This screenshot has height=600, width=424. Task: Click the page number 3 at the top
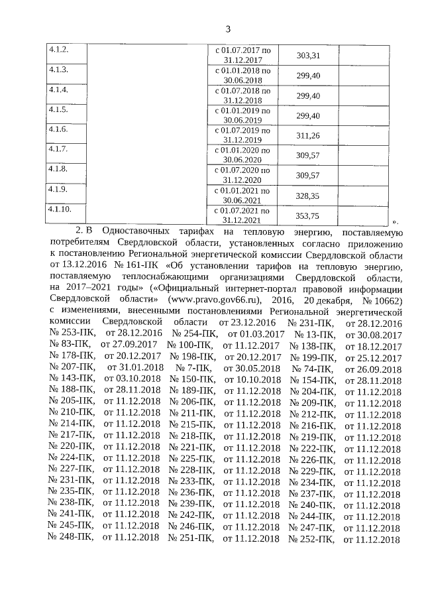[227, 29]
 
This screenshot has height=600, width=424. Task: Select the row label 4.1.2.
[58, 50]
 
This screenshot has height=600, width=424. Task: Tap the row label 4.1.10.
[60, 210]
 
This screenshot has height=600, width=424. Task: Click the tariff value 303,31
[308, 55]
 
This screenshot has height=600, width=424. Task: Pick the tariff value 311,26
[308, 135]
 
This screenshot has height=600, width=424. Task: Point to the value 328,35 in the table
[308, 196]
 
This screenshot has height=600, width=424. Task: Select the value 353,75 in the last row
[308, 215]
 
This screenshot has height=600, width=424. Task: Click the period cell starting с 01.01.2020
[243, 155]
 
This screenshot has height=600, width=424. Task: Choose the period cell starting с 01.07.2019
[243, 135]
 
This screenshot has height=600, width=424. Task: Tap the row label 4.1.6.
[58, 129]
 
